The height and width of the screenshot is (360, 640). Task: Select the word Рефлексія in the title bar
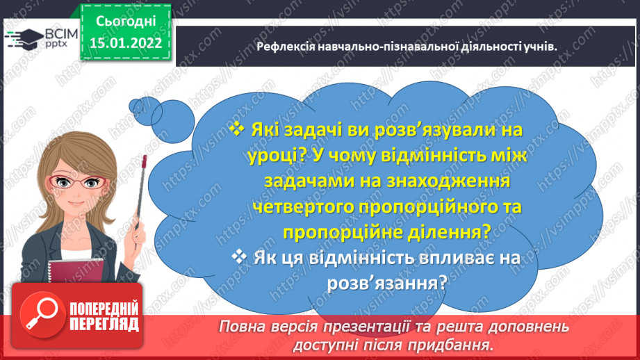point(283,46)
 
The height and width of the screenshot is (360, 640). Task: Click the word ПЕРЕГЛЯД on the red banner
point(104,324)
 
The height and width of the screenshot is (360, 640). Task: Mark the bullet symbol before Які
point(238,129)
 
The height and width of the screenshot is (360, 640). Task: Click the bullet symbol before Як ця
point(240,257)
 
